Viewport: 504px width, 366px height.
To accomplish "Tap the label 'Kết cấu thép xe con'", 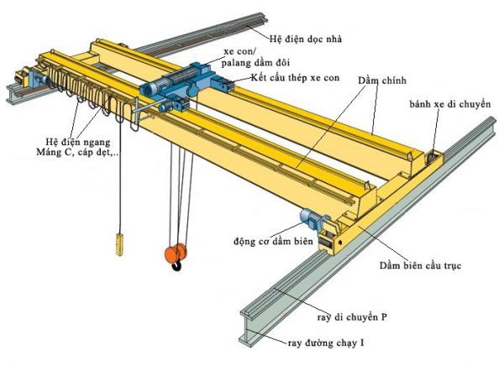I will coord(294,78).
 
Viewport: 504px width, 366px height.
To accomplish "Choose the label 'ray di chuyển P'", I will coord(352,319).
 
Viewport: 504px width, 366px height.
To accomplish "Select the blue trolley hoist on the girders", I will coord(181,85).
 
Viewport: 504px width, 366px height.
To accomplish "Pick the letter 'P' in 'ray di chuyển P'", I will coord(383,319).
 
